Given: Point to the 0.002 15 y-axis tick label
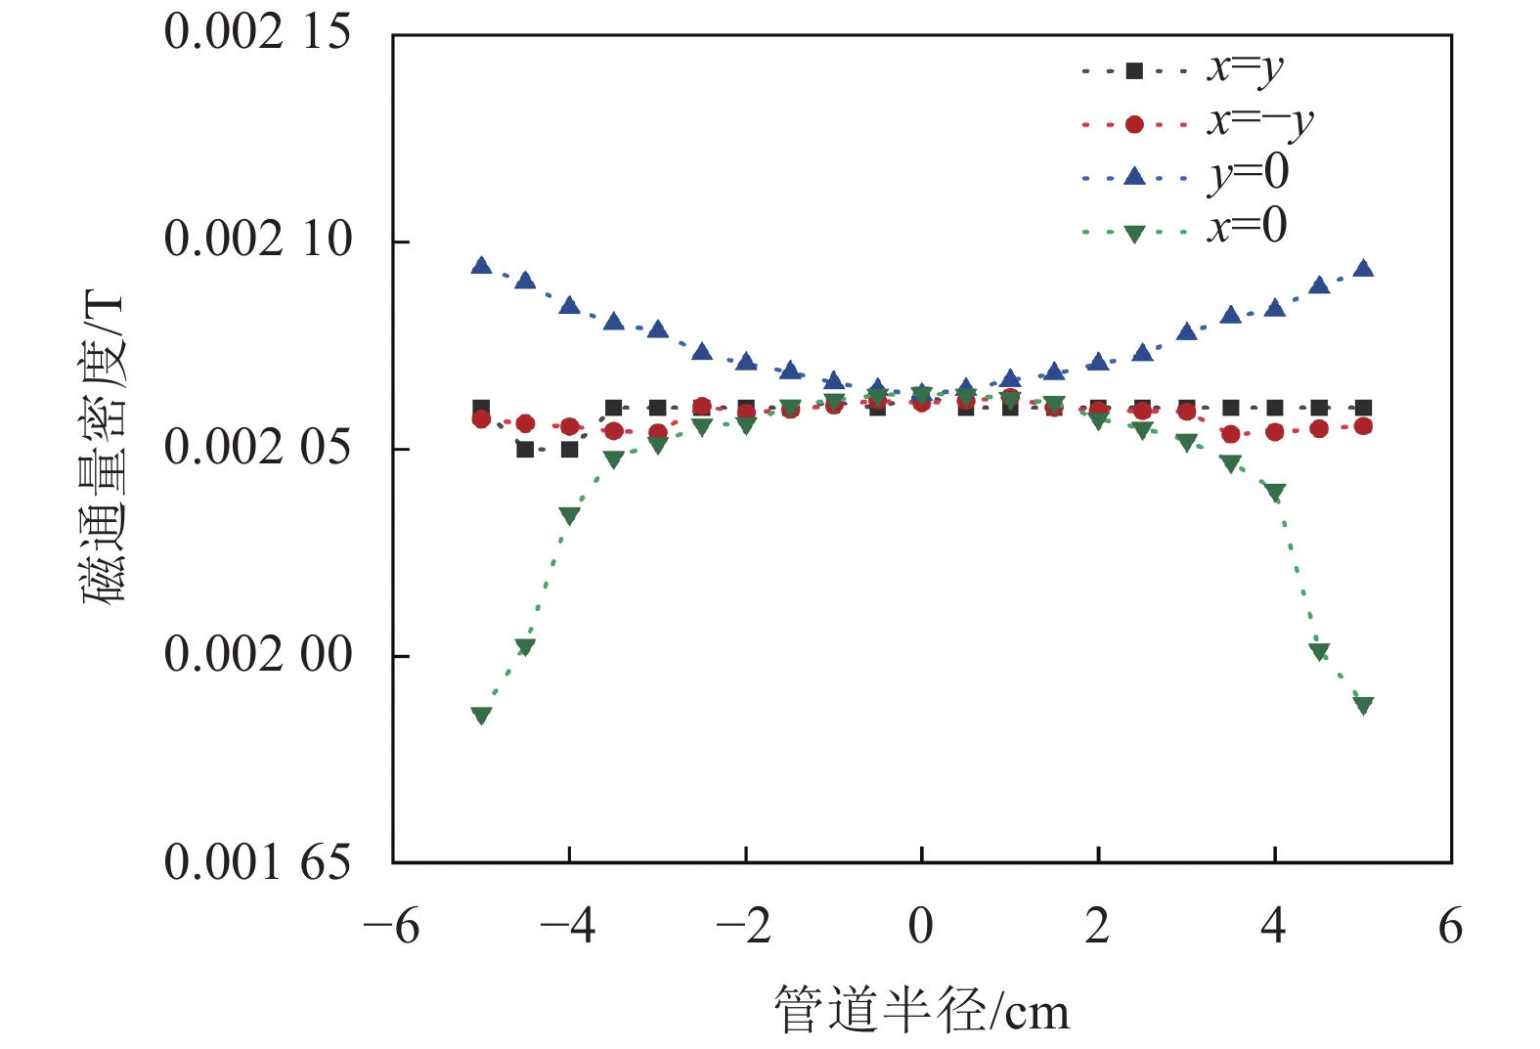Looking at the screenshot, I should (257, 32).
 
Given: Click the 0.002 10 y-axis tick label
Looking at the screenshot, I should (257, 240).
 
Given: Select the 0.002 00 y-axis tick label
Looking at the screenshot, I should (257, 654).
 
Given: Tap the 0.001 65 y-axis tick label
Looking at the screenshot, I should (257, 862).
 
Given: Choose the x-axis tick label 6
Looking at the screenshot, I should (1451, 926).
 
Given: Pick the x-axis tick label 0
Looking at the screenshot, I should (921, 926).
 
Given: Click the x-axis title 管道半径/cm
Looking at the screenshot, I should (921, 1011).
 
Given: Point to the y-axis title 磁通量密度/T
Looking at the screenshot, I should (104, 447).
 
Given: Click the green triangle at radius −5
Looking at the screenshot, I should (481, 716).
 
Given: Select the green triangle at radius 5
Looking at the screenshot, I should (1363, 705).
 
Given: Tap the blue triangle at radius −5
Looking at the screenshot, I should (481, 266).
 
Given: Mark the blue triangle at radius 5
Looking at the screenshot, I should (1363, 269).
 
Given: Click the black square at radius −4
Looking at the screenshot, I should (569, 450).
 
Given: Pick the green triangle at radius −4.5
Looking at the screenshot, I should (525, 646).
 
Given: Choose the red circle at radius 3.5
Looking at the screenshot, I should (1231, 434).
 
